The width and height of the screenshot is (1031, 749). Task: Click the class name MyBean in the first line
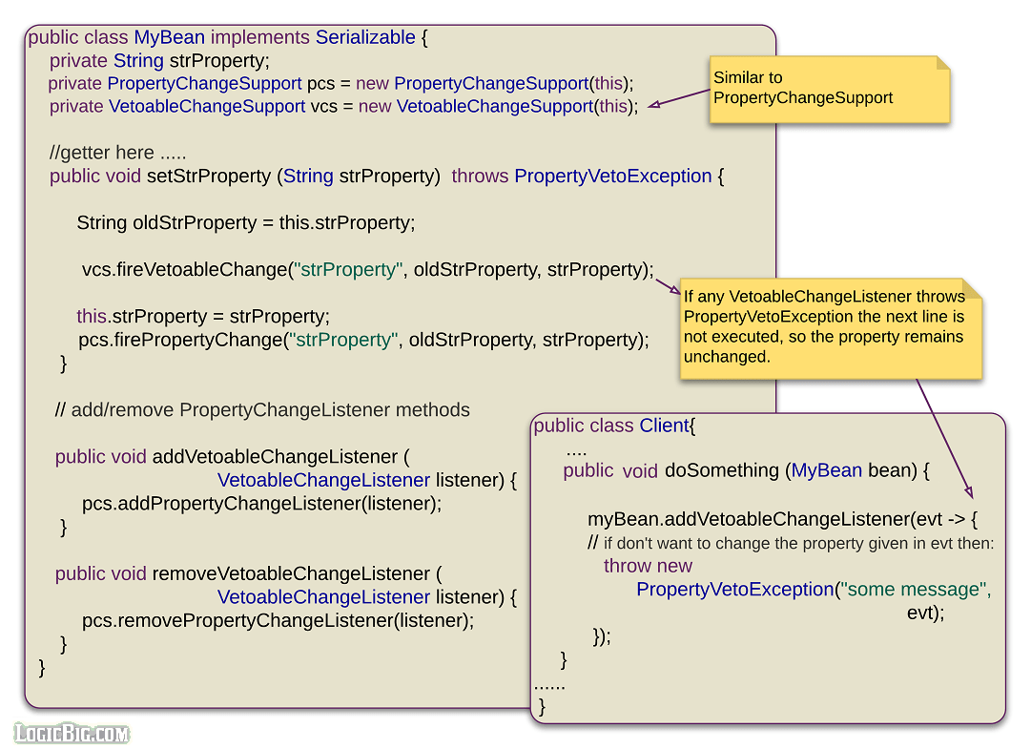click(169, 38)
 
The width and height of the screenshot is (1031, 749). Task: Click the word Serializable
click(365, 38)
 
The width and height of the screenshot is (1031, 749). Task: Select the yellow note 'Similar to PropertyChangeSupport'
click(829, 89)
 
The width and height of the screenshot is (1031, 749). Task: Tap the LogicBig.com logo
click(72, 733)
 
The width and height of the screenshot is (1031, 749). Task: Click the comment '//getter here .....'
click(117, 153)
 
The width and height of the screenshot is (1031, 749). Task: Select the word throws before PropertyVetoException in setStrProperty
click(480, 177)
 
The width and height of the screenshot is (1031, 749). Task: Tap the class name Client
click(664, 427)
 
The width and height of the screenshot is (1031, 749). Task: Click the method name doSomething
click(722, 471)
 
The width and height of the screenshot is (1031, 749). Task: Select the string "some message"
click(916, 590)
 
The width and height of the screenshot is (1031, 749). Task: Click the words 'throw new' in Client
click(648, 566)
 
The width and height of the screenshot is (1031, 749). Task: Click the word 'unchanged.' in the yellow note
click(726, 357)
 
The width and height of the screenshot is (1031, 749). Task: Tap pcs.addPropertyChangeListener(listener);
click(261, 503)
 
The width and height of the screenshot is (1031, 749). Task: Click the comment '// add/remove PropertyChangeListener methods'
click(262, 410)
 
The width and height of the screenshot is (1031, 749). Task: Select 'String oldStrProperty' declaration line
click(245, 223)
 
